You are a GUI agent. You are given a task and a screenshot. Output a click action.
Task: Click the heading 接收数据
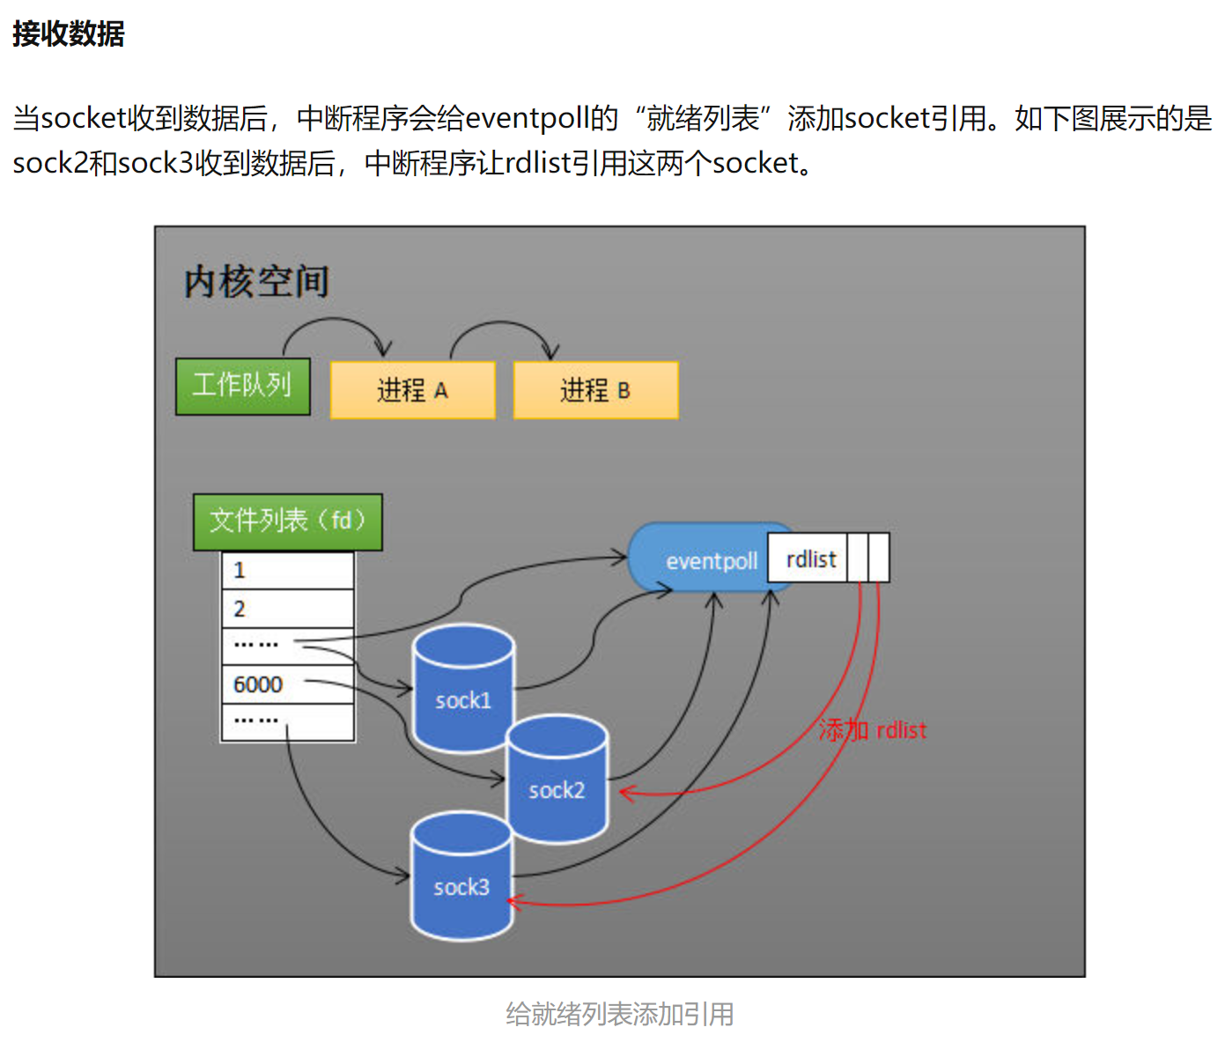coord(68,33)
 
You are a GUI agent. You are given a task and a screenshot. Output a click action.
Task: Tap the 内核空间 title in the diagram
coord(256,282)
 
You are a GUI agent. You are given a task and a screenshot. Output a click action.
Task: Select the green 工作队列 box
coord(243,386)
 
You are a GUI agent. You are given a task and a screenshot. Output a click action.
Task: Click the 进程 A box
coord(412,389)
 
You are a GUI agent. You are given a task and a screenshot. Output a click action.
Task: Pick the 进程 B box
coord(595,389)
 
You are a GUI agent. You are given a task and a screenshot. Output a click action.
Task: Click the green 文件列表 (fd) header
coord(287,521)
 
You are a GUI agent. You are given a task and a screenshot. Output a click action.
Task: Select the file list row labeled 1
coord(287,571)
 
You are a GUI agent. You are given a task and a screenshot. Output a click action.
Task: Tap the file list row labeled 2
coord(287,609)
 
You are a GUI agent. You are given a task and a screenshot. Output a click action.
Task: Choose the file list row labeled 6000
coord(287,684)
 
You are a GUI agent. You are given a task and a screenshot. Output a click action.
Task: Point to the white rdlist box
coord(810,559)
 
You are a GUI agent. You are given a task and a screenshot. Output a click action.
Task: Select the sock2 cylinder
coord(557,780)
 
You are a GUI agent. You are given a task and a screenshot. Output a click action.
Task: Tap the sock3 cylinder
coord(461,877)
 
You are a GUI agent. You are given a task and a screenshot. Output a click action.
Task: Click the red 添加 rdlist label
coord(872,730)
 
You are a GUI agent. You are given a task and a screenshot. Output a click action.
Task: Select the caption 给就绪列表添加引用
coord(619,1014)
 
